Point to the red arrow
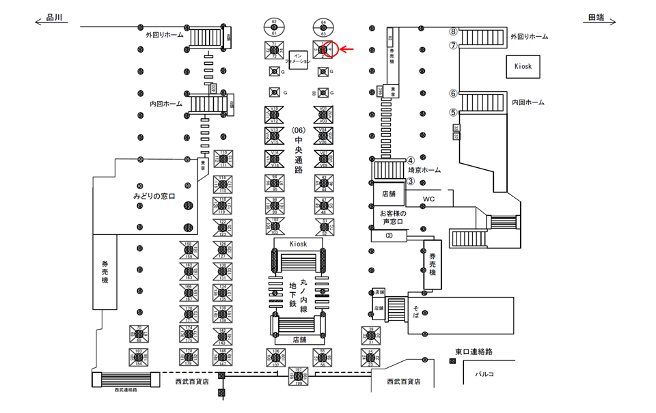(x=347, y=49)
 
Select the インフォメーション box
(x=297, y=58)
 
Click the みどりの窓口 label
(x=154, y=197)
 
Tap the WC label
(x=428, y=199)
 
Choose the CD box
(x=389, y=236)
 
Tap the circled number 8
(x=452, y=31)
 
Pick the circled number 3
(x=411, y=181)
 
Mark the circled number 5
(x=452, y=113)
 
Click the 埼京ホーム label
(x=424, y=170)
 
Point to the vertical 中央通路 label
(x=298, y=150)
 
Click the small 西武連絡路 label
(x=126, y=390)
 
